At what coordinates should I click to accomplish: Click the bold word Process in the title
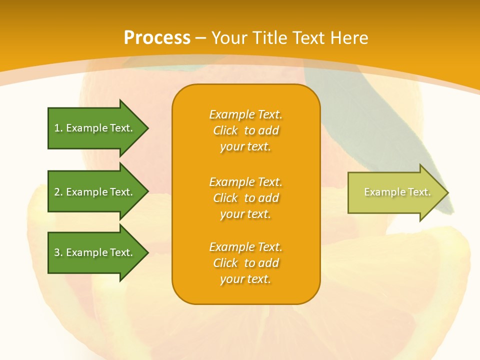click(157, 38)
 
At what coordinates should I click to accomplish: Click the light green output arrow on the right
click(395, 192)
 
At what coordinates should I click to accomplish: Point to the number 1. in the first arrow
click(58, 128)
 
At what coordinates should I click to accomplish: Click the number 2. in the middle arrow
click(58, 192)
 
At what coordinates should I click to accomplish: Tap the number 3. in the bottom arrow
click(58, 252)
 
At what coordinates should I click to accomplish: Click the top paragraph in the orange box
click(245, 130)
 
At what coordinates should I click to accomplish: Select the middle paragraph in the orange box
click(245, 198)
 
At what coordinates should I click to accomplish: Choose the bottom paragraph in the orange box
click(245, 263)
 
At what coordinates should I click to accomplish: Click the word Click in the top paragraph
click(225, 130)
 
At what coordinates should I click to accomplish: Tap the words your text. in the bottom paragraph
click(245, 279)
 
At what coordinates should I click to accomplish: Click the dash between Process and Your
click(200, 38)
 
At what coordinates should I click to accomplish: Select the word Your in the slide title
click(230, 38)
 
